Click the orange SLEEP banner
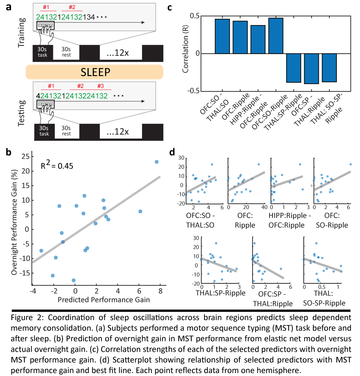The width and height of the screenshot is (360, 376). [x=94, y=72]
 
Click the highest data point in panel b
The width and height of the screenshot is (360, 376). [x=157, y=162]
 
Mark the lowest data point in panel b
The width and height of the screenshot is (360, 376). [x=74, y=280]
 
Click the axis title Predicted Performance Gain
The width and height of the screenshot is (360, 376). [x=104, y=300]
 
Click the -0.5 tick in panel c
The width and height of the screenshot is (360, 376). [x=193, y=91]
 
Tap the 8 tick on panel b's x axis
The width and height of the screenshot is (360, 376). [x=160, y=291]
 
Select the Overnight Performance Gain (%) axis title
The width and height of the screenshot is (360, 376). [x=14, y=222]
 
